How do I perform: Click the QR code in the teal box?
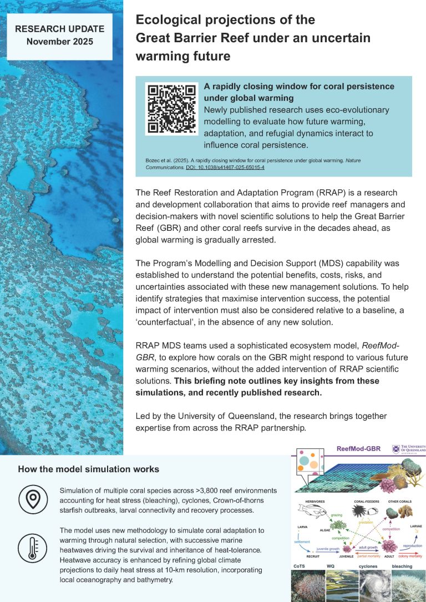(x=171, y=110)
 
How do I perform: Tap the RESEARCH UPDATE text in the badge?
(x=59, y=29)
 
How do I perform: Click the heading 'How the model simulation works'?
(x=88, y=469)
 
